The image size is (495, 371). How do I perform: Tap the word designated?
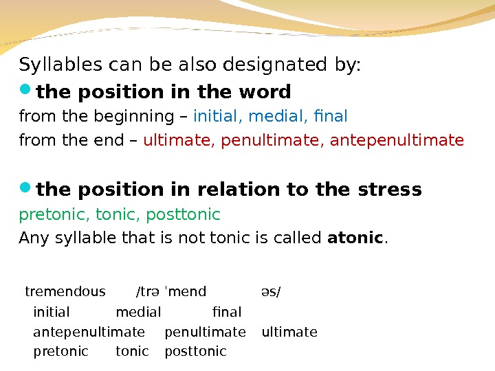tap(271, 65)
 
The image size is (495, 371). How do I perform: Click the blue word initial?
tap(218, 115)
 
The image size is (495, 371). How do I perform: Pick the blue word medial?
tap(281, 115)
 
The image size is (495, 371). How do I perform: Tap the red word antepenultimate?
tap(397, 141)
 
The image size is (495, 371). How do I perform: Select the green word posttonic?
tap(183, 215)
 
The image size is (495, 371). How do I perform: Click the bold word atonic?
tap(355, 238)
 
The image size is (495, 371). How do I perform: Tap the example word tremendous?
tap(65, 291)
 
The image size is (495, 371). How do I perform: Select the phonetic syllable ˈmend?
tap(186, 291)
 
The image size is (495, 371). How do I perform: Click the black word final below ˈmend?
tap(228, 313)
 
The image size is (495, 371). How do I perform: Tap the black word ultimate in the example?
tap(289, 333)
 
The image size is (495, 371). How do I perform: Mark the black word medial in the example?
tap(138, 313)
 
